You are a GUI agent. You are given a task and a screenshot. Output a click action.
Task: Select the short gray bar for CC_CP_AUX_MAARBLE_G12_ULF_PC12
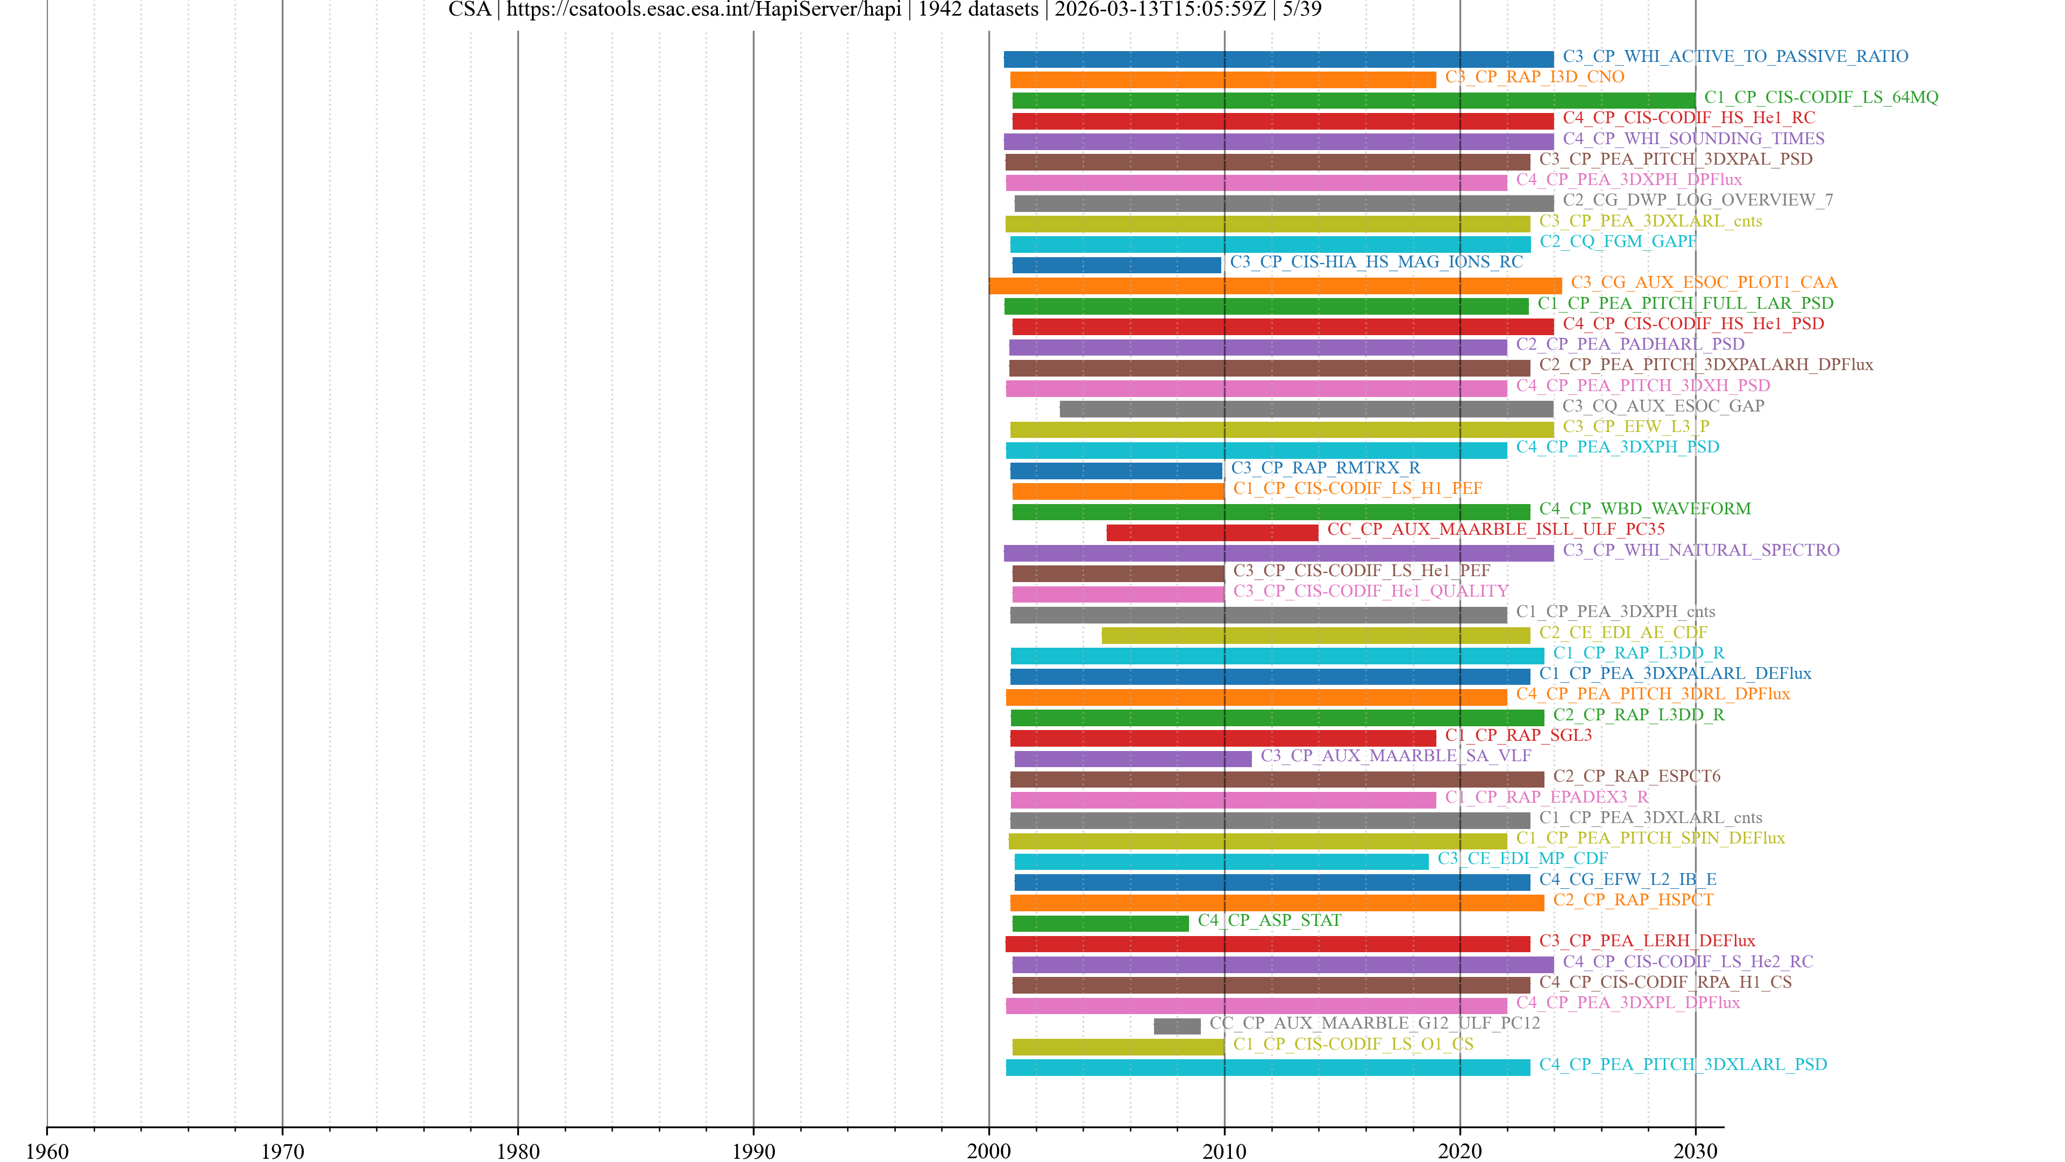(x=1177, y=1026)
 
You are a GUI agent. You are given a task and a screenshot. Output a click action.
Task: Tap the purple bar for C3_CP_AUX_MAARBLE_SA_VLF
(x=1133, y=759)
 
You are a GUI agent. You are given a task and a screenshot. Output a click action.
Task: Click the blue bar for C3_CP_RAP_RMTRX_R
(x=1116, y=471)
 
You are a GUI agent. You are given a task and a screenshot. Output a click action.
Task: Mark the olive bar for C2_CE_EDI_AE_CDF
(x=1315, y=635)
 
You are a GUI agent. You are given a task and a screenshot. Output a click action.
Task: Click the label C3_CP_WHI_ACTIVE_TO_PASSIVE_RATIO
(x=1735, y=56)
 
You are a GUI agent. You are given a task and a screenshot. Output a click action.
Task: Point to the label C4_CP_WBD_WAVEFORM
(x=1644, y=508)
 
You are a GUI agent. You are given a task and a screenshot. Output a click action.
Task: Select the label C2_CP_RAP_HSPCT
(x=1632, y=900)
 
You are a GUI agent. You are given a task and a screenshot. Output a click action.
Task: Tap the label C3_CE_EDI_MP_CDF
(x=1522, y=858)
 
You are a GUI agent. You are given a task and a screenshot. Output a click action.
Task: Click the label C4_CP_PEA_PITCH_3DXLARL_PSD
(x=1683, y=1064)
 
